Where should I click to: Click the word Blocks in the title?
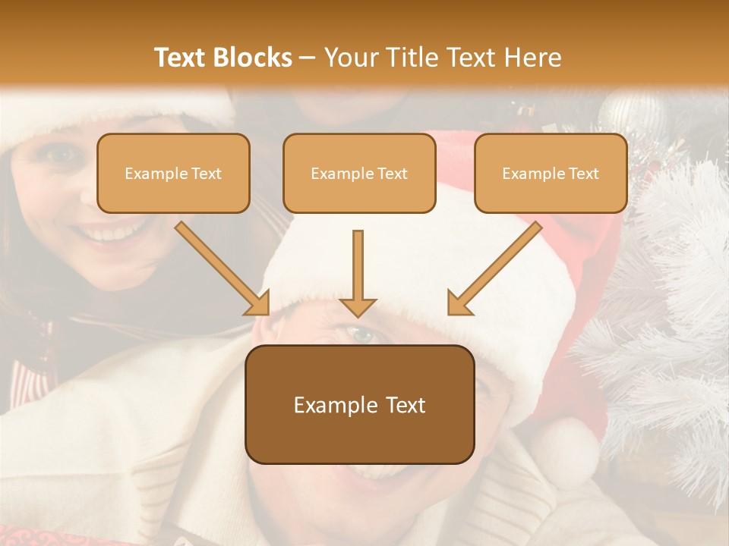tap(252, 58)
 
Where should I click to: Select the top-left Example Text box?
tap(173, 174)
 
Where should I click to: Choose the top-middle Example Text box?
tap(359, 174)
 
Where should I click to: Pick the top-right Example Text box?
tap(551, 174)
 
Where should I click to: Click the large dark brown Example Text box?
tap(359, 405)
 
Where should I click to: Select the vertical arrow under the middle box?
tap(358, 273)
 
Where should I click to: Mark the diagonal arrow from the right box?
tap(494, 269)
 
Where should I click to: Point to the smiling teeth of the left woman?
tap(114, 231)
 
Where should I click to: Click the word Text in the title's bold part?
tap(180, 58)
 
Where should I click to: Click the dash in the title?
tap(308, 58)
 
